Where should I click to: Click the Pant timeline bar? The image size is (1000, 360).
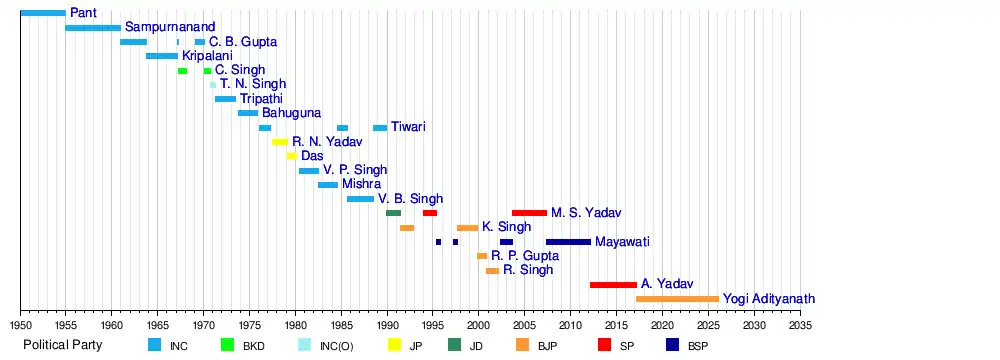pyautogui.click(x=43, y=13)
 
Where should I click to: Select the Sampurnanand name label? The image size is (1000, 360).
pyautogui.click(x=170, y=27)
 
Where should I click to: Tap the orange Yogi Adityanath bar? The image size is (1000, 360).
pyautogui.click(x=677, y=299)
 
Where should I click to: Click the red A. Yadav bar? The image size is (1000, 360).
pyautogui.click(x=613, y=285)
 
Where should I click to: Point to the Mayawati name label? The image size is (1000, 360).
pyautogui.click(x=621, y=242)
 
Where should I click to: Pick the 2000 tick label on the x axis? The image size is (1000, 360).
pyautogui.click(x=479, y=325)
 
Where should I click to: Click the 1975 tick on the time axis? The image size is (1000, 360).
pyautogui.click(x=249, y=311)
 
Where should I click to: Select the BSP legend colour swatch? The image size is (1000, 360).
pyautogui.click(x=673, y=345)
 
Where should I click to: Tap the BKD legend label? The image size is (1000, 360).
pyautogui.click(x=253, y=346)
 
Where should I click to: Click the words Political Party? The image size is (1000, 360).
pyautogui.click(x=62, y=345)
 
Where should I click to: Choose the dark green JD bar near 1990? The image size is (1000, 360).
pyautogui.click(x=393, y=213)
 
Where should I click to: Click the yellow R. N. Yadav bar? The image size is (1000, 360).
pyautogui.click(x=280, y=142)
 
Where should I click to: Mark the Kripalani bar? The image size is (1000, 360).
pyautogui.click(x=162, y=56)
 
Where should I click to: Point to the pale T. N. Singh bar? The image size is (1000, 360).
pyautogui.click(x=213, y=84)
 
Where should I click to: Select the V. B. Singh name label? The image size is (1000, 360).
pyautogui.click(x=411, y=199)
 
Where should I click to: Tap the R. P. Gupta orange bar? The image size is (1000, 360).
pyautogui.click(x=482, y=256)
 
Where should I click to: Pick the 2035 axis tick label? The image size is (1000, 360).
pyautogui.click(x=800, y=325)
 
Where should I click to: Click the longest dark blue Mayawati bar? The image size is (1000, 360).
pyautogui.click(x=568, y=242)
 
